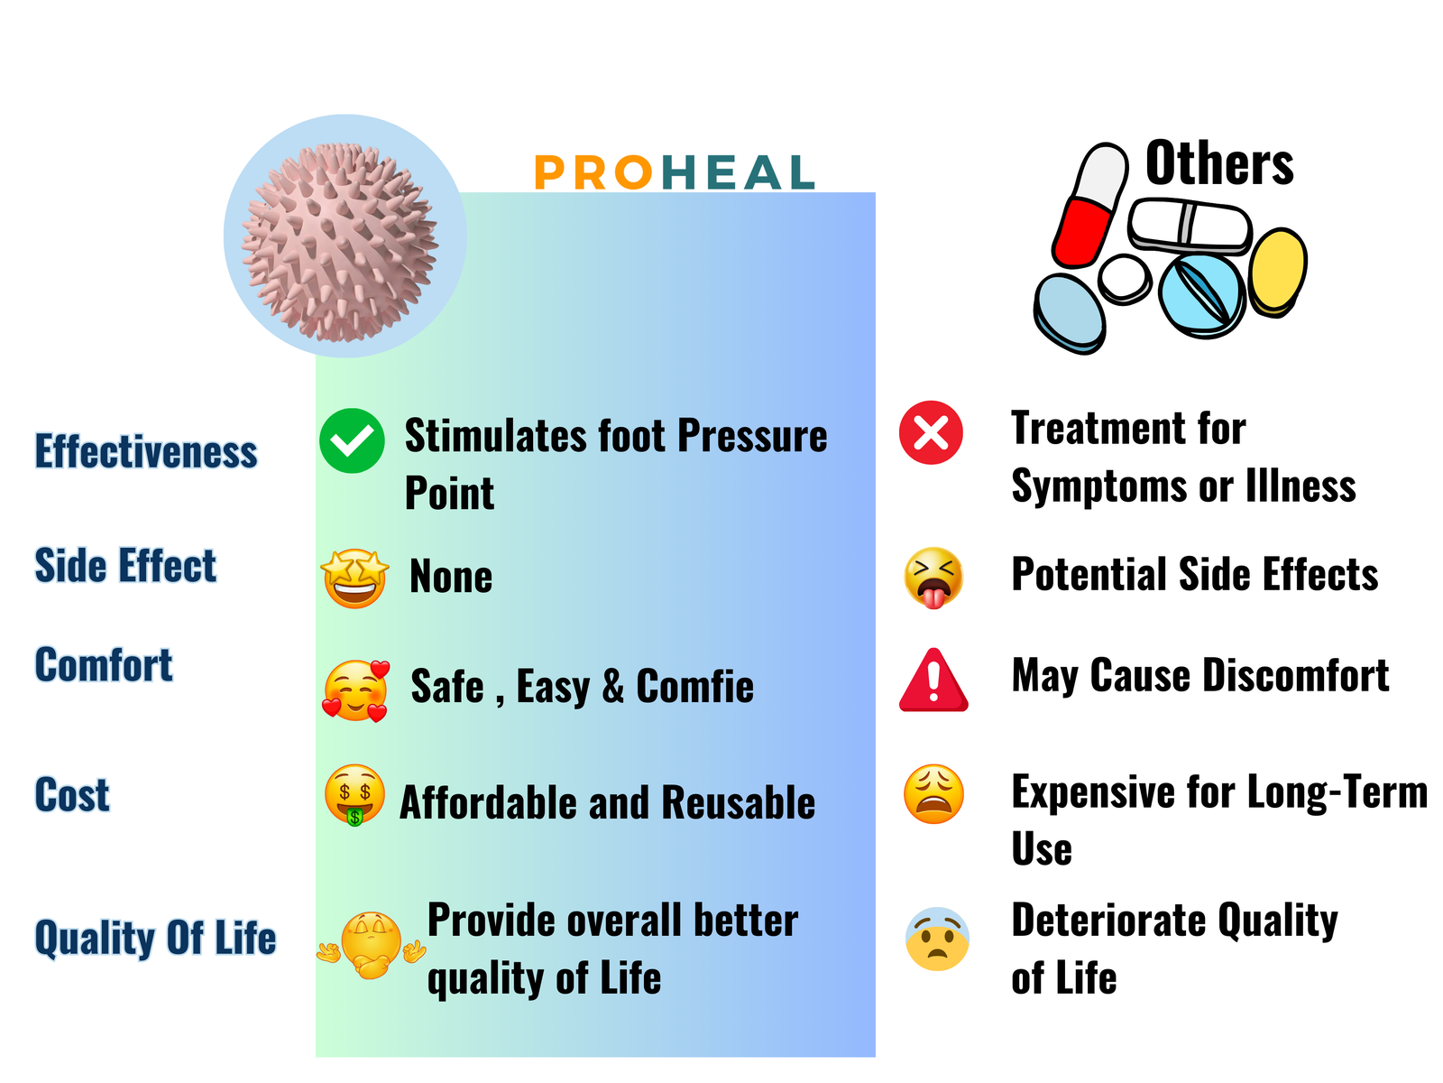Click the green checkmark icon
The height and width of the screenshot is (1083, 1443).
tap(352, 440)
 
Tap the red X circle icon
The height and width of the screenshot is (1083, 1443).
tap(931, 432)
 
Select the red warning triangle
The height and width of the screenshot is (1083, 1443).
tap(933, 680)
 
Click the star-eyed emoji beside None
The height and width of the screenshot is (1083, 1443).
tap(355, 578)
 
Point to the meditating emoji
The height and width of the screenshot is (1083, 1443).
tap(372, 945)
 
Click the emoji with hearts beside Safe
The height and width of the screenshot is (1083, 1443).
tap(355, 691)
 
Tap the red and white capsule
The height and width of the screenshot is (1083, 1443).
tap(1090, 205)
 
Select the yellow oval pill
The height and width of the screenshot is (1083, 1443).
tap(1277, 273)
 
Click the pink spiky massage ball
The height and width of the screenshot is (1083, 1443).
tap(340, 242)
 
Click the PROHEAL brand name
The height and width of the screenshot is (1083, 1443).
tap(675, 172)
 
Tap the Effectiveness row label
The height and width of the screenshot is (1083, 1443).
tap(146, 452)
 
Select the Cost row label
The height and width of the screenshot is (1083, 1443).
tap(72, 794)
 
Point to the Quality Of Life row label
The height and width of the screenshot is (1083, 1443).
tap(156, 939)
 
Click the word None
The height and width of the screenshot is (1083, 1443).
tap(451, 577)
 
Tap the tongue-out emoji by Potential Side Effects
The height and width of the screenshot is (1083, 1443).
tap(933, 578)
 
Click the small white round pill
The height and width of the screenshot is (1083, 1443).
tap(1125, 279)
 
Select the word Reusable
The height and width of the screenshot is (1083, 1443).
tap(739, 803)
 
